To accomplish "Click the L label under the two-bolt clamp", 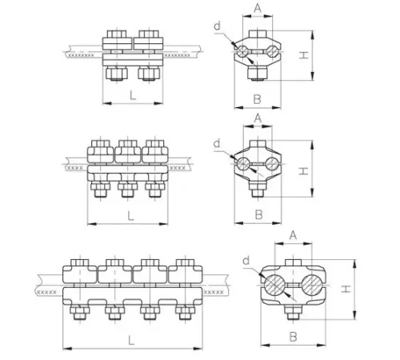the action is (133, 95).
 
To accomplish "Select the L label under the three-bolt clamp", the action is (130, 216).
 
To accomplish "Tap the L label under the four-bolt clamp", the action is (131, 340).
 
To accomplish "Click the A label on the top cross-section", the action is (258, 8).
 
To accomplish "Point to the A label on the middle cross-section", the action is (258, 118).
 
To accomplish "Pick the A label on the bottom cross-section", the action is (293, 235).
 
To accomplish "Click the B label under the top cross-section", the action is (257, 99).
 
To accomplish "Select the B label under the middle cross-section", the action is (258, 214).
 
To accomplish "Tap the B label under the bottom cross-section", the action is (293, 337).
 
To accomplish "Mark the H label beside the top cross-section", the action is (303, 55).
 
